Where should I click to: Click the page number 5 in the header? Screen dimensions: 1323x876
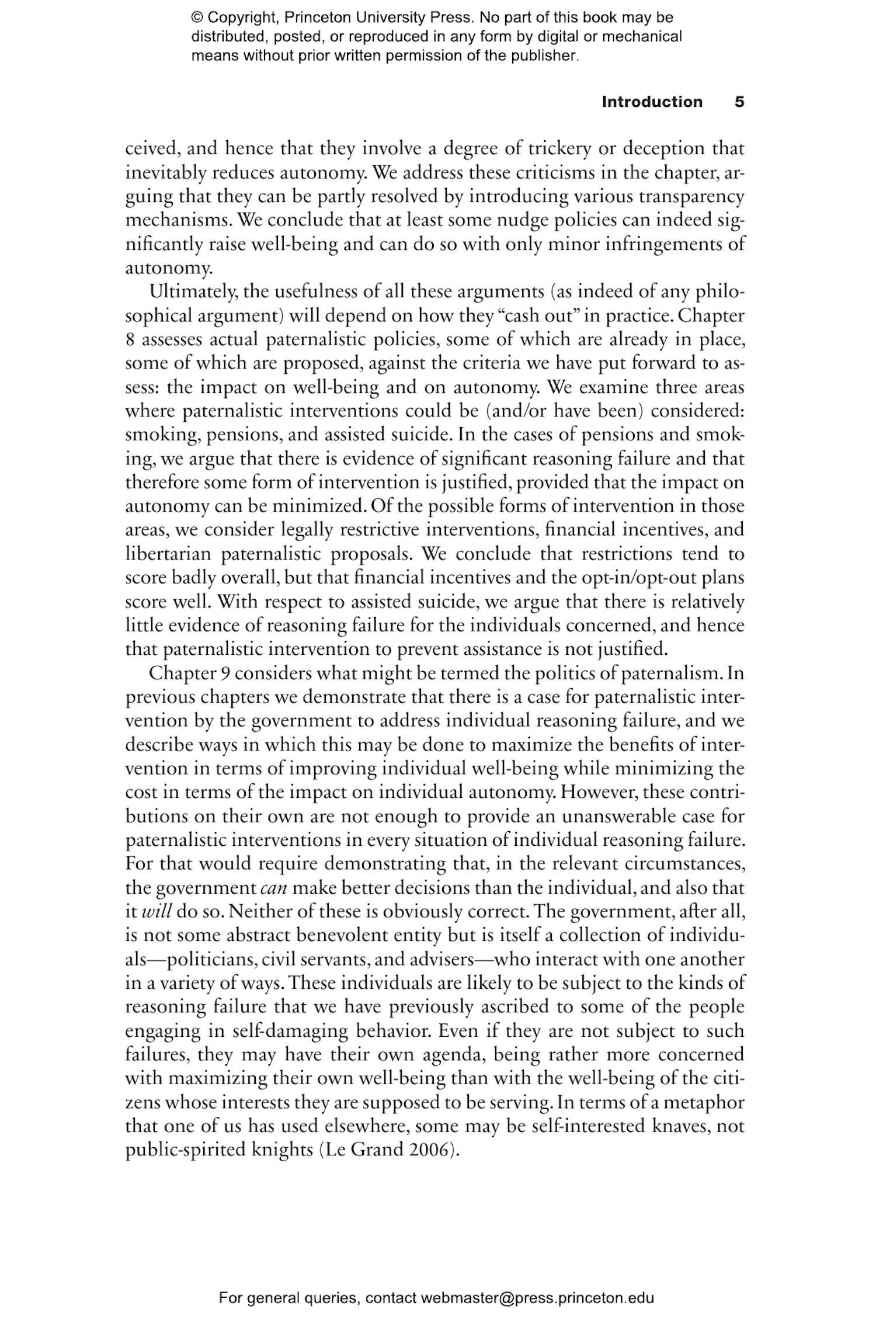[x=739, y=102]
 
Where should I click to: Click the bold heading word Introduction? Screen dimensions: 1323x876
[x=652, y=102]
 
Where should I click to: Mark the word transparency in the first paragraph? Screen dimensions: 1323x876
[x=691, y=196]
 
